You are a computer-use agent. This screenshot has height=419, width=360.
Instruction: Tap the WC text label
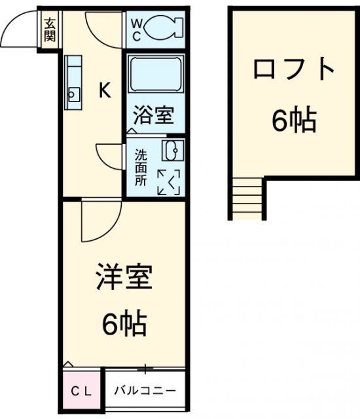point(137,28)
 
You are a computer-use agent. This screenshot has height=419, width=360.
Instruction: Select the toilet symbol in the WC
point(163,27)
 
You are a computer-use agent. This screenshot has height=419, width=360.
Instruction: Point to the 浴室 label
point(153,115)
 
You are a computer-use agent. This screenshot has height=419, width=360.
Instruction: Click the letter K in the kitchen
point(104,90)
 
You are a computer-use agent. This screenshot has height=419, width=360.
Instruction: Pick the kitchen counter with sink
point(73,81)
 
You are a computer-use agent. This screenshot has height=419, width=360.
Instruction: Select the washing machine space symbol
point(169,181)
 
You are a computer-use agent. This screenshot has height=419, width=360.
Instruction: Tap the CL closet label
point(82,392)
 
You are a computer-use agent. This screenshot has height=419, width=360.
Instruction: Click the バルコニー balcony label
point(144,392)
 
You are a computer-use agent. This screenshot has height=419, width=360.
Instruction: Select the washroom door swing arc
point(107,155)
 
